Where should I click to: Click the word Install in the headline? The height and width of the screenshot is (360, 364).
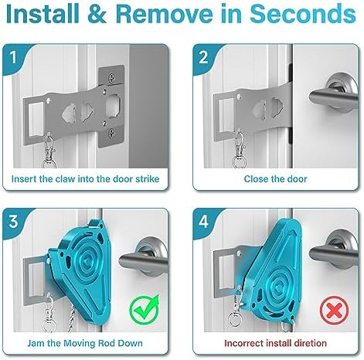[x=43, y=14]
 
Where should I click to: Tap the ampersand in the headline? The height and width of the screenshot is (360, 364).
[x=97, y=14]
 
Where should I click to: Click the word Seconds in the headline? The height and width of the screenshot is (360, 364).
[x=303, y=14]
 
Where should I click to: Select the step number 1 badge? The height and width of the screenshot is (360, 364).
[x=14, y=57]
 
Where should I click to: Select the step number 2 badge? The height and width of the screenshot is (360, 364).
[x=203, y=57]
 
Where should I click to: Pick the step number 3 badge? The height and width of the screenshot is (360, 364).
[x=14, y=222]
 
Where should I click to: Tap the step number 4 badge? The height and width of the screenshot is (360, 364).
[x=203, y=222]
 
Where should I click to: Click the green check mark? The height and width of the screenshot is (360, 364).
[x=145, y=309]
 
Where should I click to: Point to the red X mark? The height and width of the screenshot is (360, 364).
[x=334, y=311]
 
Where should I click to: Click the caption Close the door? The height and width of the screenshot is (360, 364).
[x=275, y=179]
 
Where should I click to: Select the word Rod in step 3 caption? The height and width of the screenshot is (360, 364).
[x=106, y=343]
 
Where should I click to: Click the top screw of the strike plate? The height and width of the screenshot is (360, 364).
[x=111, y=78]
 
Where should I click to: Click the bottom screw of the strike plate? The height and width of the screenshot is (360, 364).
[x=111, y=133]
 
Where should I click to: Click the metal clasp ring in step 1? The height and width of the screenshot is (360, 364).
[x=49, y=163]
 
